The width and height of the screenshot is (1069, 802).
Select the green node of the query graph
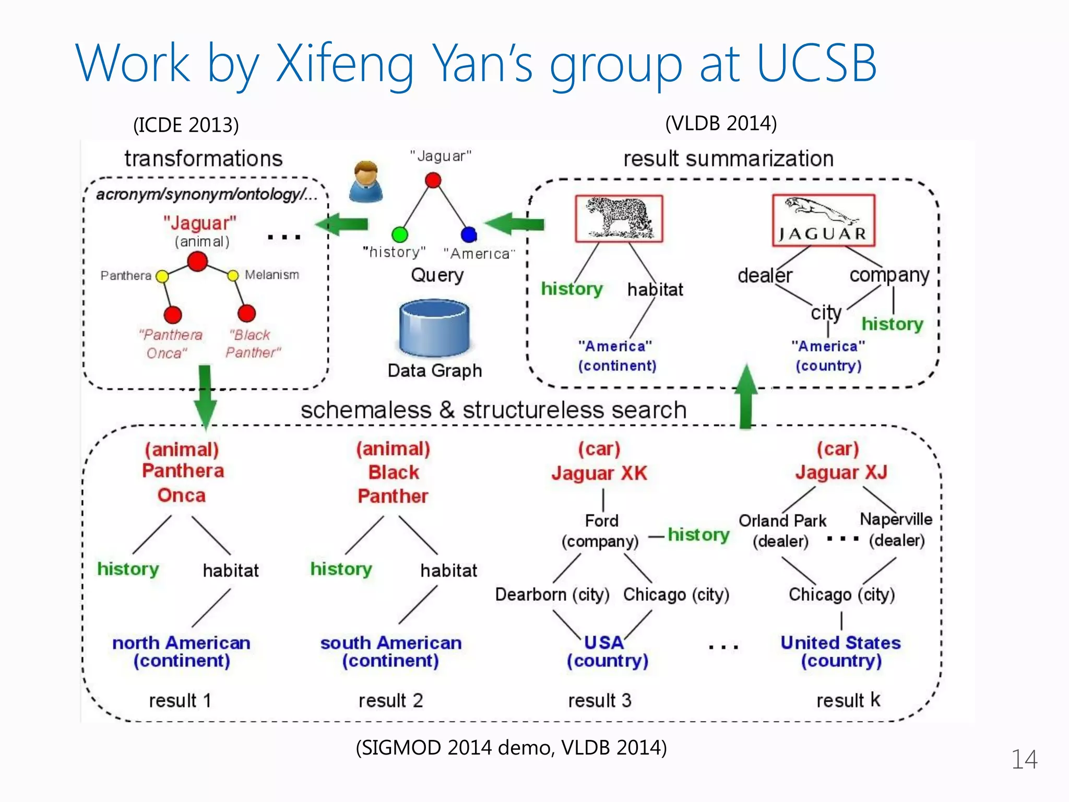point(400,234)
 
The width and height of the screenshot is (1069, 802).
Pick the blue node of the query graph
point(469,234)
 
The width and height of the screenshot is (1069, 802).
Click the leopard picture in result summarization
point(619,219)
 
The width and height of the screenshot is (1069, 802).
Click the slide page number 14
point(1024,759)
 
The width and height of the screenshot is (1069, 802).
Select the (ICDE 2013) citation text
point(186,125)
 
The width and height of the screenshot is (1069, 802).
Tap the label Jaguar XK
point(599,473)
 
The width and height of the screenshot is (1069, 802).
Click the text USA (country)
point(607,651)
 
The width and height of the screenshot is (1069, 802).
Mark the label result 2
point(390,700)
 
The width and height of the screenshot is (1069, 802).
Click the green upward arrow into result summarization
point(746,397)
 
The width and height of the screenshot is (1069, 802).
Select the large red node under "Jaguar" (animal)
point(197,261)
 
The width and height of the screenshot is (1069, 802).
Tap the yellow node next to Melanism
point(233,275)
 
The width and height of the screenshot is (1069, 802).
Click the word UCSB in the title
point(816,64)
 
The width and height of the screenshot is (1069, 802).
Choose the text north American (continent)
point(181,651)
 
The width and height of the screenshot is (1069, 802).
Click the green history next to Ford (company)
point(698,534)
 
